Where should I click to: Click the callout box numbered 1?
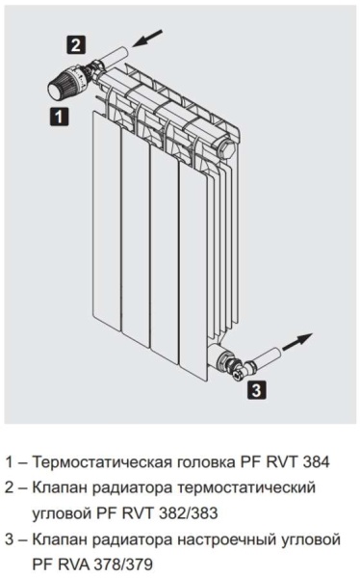click(x=59, y=117)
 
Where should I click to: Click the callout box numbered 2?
click(x=76, y=45)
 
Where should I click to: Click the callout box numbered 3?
click(x=256, y=390)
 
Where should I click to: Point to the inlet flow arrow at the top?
click(x=147, y=38)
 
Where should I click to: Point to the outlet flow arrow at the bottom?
click(x=297, y=342)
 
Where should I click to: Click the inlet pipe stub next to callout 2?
click(x=116, y=56)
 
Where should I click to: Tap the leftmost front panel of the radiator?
click(x=107, y=222)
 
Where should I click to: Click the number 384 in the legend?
click(x=316, y=461)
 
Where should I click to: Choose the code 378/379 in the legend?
click(x=123, y=564)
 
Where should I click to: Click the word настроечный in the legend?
click(x=226, y=540)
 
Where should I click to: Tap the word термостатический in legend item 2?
click(x=246, y=487)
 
